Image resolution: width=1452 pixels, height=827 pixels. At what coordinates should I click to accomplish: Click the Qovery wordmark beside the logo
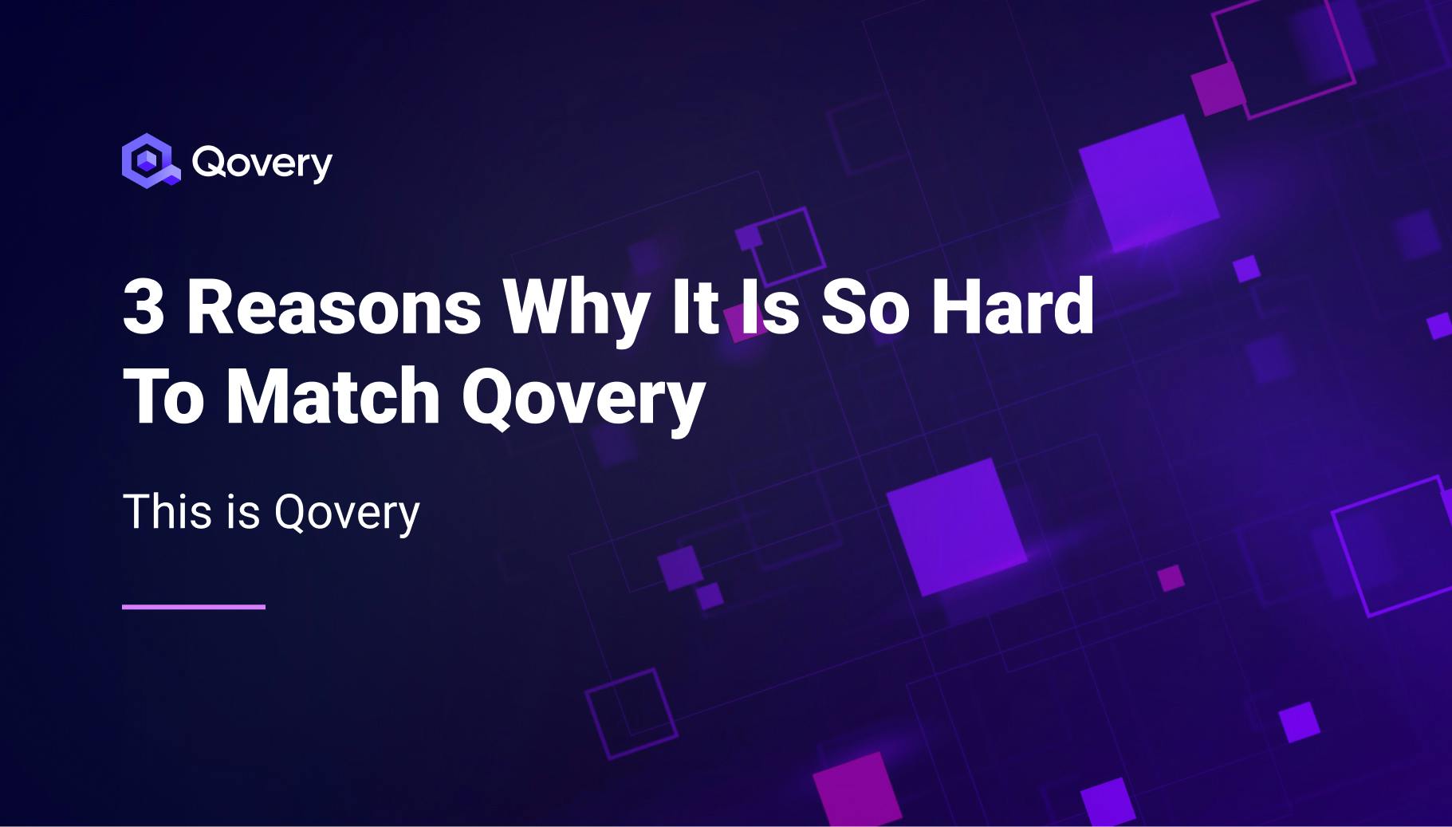(x=262, y=163)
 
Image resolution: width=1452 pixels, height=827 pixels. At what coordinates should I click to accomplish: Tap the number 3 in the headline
(x=144, y=308)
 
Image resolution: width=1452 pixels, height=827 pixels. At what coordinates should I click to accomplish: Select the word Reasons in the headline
(x=333, y=308)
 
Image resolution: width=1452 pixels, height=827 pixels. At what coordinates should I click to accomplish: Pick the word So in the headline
(x=866, y=308)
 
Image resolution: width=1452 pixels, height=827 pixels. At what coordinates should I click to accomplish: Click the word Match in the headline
(x=333, y=396)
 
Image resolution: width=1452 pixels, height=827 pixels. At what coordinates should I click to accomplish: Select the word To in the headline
(x=164, y=396)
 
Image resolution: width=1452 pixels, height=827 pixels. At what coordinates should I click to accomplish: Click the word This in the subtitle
(x=168, y=511)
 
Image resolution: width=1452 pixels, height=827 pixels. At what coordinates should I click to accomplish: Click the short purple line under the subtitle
(x=194, y=607)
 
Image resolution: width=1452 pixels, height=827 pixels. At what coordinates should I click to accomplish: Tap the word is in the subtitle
(x=243, y=511)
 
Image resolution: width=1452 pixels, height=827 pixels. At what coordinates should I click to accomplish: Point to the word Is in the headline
(x=769, y=308)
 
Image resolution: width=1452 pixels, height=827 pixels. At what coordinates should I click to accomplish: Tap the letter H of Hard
(x=955, y=306)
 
